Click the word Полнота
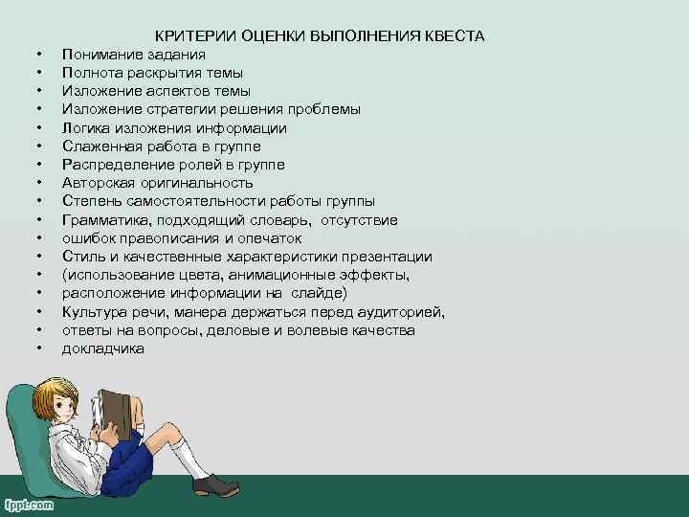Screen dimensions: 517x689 (x=91, y=73)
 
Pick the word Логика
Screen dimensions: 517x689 (x=85, y=127)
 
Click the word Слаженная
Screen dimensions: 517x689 (x=100, y=146)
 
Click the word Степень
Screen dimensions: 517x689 (x=91, y=201)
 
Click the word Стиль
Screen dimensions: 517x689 (x=82, y=257)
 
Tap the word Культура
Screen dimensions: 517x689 (x=96, y=312)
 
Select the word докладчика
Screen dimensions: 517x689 (x=103, y=348)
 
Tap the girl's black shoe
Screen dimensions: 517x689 (x=215, y=484)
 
